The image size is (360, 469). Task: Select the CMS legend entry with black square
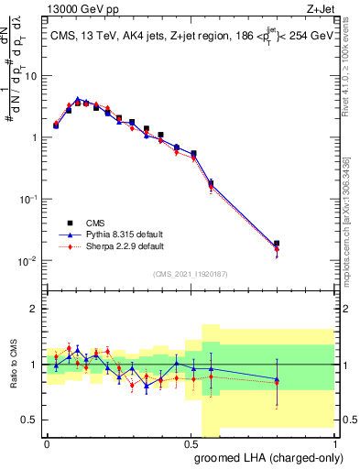(x=95, y=221)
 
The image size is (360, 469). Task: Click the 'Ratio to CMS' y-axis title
(x=13, y=365)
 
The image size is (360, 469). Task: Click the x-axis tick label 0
(x=47, y=442)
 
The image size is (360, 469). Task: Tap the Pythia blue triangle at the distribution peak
(x=78, y=99)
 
